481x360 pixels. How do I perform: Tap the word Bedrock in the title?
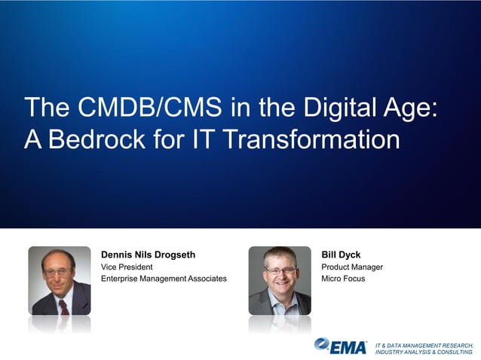97,140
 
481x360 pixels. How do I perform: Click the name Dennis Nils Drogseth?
148,255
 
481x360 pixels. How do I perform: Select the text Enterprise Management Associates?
164,279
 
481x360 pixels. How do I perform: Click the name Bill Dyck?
341,255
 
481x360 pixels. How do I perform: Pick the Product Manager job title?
352,267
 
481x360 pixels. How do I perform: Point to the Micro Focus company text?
342,279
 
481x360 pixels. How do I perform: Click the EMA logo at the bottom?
342,346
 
